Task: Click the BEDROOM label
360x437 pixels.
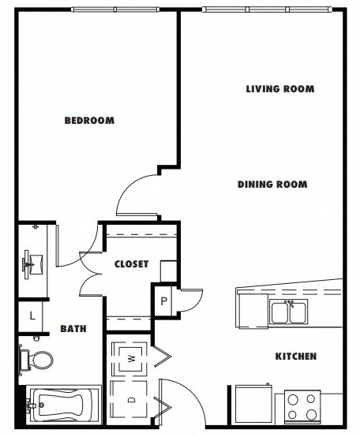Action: (x=88, y=121)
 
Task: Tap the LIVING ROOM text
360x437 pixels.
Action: (x=279, y=89)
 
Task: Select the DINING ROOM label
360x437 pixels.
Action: (x=272, y=185)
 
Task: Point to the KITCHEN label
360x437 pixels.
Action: (x=295, y=357)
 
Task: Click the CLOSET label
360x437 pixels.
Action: (x=131, y=264)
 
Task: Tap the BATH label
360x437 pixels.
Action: (x=73, y=329)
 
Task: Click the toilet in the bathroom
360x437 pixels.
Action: (x=38, y=360)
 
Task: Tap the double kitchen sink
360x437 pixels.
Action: (x=289, y=312)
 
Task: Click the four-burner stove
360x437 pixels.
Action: (x=301, y=407)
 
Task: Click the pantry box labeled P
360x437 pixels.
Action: (x=164, y=301)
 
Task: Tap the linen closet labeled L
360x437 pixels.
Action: (x=32, y=316)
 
